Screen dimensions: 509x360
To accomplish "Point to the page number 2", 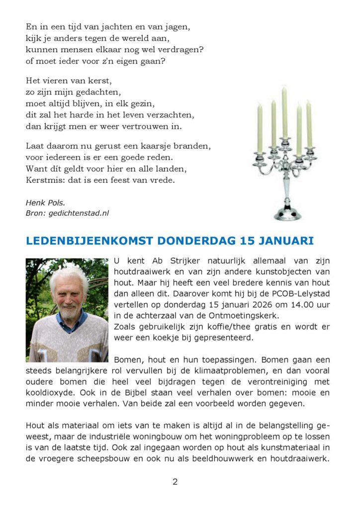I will (x=175, y=482).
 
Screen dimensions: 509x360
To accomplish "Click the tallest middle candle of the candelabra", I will (x=284, y=112).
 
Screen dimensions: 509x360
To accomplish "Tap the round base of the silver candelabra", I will (x=287, y=214).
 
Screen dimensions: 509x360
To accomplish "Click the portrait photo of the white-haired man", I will (x=67, y=310).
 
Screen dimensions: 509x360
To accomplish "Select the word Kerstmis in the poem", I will (x=43, y=180).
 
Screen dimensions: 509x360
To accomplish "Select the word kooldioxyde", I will (x=50, y=393).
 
